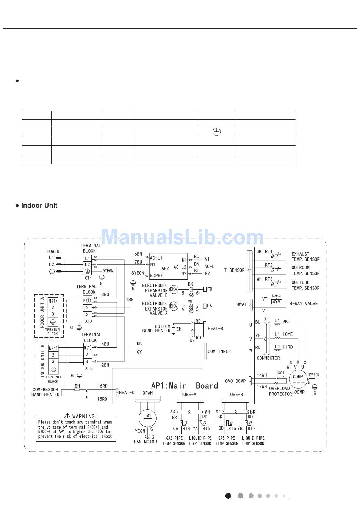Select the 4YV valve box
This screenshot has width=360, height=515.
coord(277,302)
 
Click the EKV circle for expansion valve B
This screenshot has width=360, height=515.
coord(174,289)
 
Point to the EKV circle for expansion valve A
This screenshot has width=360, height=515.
coord(174,306)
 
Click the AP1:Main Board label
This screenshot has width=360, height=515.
coord(185,385)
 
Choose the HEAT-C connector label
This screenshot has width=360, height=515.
coord(127,393)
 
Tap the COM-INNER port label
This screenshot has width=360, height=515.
coord(219,351)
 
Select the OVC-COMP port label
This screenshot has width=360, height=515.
coord(235,381)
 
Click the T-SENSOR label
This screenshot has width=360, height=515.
coord(234,270)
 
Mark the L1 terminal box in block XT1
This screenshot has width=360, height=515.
coord(88,258)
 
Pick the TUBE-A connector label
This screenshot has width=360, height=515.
coord(189,394)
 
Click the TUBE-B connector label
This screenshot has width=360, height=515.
coord(235,394)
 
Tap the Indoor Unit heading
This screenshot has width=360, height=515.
coord(39,205)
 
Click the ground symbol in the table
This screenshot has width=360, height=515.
coord(216,131)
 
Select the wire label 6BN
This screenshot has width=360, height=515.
coord(138,254)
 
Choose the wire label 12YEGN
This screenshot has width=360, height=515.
coord(314,375)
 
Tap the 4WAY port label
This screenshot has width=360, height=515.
coord(241,304)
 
